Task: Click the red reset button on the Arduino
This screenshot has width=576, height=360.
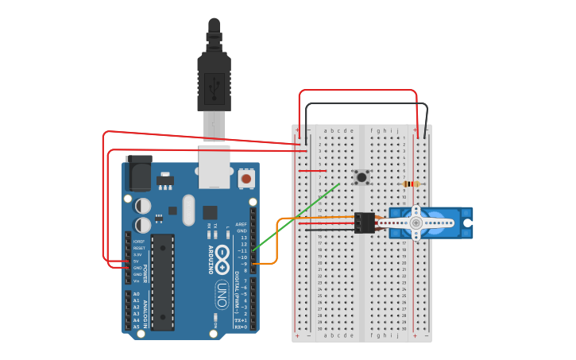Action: (246, 179)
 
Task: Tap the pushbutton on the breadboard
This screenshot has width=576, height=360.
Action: (361, 177)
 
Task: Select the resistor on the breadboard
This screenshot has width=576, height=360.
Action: (411, 184)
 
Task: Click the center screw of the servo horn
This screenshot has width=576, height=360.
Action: (416, 223)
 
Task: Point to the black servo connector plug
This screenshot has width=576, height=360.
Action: (365, 223)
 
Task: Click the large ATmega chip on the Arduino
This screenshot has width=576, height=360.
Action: (163, 282)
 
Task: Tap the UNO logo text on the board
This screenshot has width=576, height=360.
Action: (222, 295)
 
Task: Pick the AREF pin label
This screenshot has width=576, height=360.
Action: (242, 224)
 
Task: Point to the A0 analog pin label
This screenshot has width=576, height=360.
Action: (136, 294)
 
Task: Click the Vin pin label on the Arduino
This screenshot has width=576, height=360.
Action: (136, 281)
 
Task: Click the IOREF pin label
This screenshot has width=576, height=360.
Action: (138, 242)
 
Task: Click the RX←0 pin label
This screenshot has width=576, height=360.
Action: (241, 327)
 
